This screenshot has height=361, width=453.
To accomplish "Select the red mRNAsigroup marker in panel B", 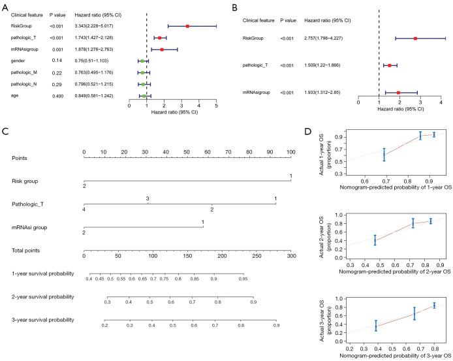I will pyautogui.click(x=398, y=93).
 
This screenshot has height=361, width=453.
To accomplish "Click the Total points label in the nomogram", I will pyautogui.click(x=26, y=250).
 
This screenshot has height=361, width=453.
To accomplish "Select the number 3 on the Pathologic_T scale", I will pyautogui.click(x=148, y=198).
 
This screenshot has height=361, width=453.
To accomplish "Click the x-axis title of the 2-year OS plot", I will pyautogui.click(x=391, y=274).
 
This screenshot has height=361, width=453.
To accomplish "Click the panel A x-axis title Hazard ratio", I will pyautogui.click(x=174, y=112).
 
